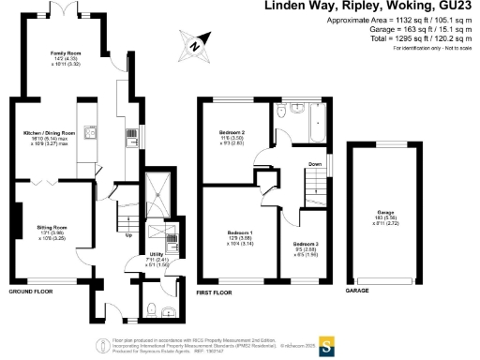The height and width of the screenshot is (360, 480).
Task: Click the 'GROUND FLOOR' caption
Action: [x=29, y=292]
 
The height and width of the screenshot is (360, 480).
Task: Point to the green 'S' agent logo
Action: [x=328, y=343]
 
